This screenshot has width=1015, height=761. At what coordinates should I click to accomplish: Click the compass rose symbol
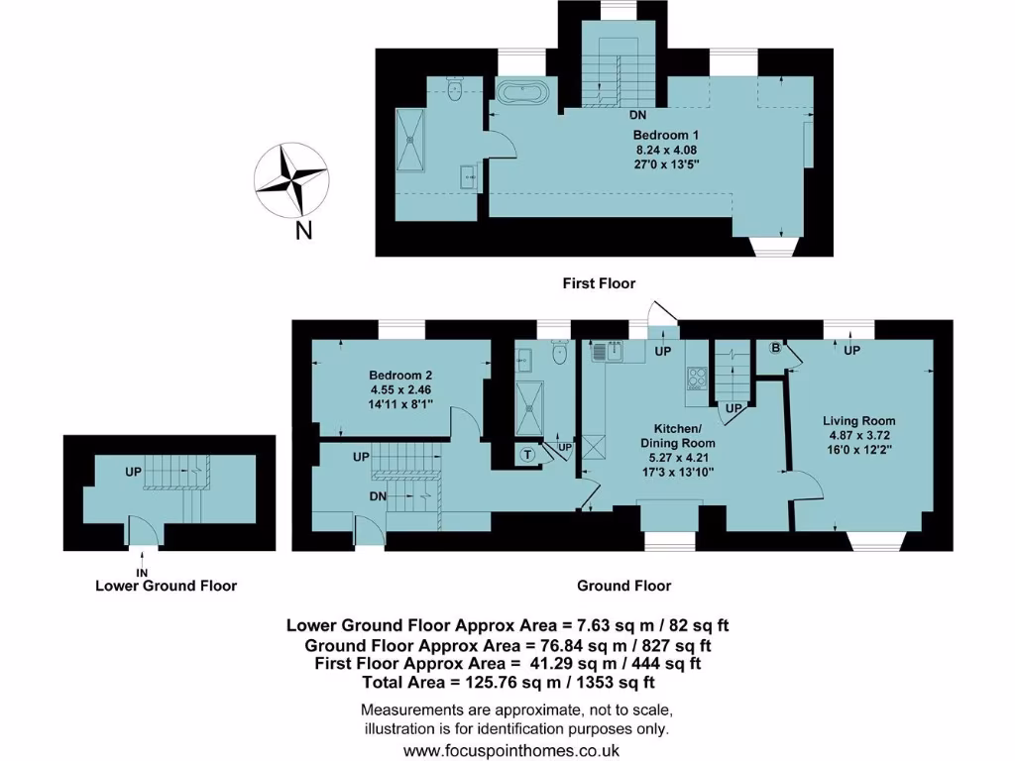coord(291,180)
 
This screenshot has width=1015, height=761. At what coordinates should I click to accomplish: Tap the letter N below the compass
coord(304,232)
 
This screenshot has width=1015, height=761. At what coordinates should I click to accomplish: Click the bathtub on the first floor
coord(520,95)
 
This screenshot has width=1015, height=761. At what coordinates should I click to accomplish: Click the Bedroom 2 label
coord(400,376)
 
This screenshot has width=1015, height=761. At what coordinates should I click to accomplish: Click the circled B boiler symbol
coord(776,349)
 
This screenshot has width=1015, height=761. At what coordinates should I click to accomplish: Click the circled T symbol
coord(527,455)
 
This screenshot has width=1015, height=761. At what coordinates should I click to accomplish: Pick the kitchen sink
coord(605,350)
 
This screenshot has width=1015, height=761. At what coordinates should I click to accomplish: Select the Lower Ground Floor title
coord(166,586)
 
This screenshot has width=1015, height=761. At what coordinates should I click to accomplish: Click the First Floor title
coord(599,283)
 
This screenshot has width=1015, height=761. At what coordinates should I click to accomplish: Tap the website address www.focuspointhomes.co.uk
coord(511,750)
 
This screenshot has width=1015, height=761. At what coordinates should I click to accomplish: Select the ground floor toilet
coord(558,351)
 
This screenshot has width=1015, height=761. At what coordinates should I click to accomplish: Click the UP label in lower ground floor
coord(133,473)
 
